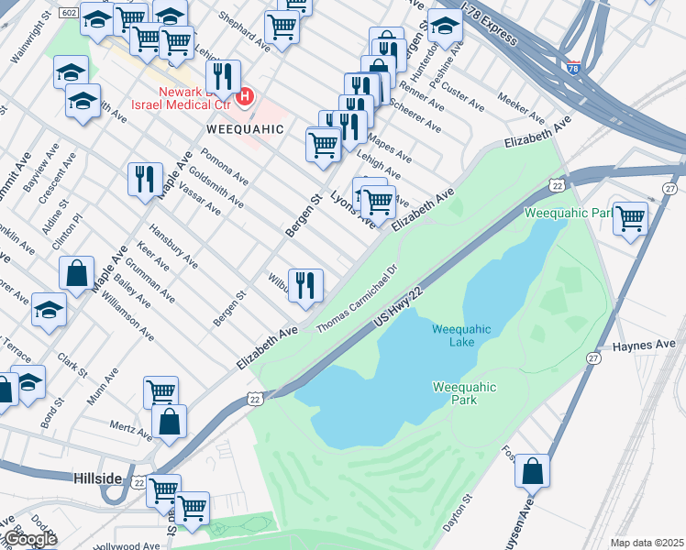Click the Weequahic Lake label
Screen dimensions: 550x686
(x=461, y=335)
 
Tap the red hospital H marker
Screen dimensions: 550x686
(x=245, y=96)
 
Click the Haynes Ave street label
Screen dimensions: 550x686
(x=643, y=346)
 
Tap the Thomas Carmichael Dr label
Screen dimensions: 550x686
(x=356, y=299)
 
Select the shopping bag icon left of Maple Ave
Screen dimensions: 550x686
(x=77, y=271)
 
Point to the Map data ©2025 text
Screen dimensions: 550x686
(x=647, y=543)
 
